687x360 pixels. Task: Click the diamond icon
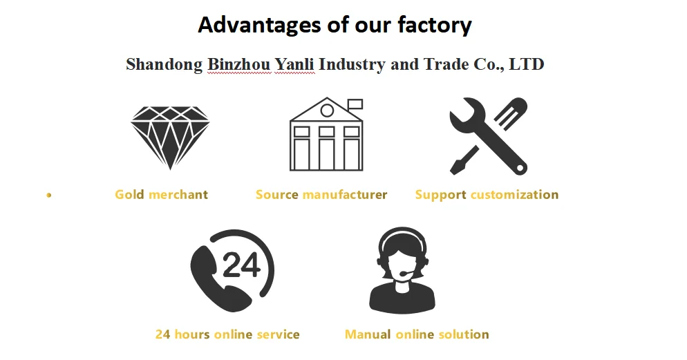pos(170,136)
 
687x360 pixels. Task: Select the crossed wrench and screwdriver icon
pos(488,135)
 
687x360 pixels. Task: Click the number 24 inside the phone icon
pos(241,264)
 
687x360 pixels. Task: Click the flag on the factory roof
pos(355,104)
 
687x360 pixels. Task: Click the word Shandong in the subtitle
pos(164,64)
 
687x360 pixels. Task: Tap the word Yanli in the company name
pos(294,64)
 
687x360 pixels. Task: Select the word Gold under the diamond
pos(129,194)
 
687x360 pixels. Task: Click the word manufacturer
pos(345,194)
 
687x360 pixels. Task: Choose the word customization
pos(514,194)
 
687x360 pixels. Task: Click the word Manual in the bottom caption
pos(368,334)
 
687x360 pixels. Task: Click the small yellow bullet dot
pos(48,196)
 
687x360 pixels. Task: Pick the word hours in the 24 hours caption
pos(191,334)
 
